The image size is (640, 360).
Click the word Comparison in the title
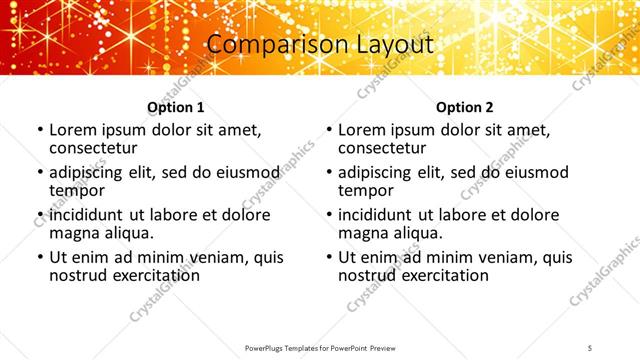[x=265, y=44]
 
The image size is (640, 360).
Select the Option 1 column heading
[x=176, y=107]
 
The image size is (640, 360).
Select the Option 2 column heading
[x=465, y=107]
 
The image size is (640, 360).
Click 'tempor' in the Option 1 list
[x=76, y=190]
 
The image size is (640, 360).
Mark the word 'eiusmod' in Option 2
[x=534, y=172]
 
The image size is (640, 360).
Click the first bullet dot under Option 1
[x=39, y=130]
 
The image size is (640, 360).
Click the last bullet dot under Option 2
[x=328, y=257]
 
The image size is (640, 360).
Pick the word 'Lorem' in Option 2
[x=364, y=130]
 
